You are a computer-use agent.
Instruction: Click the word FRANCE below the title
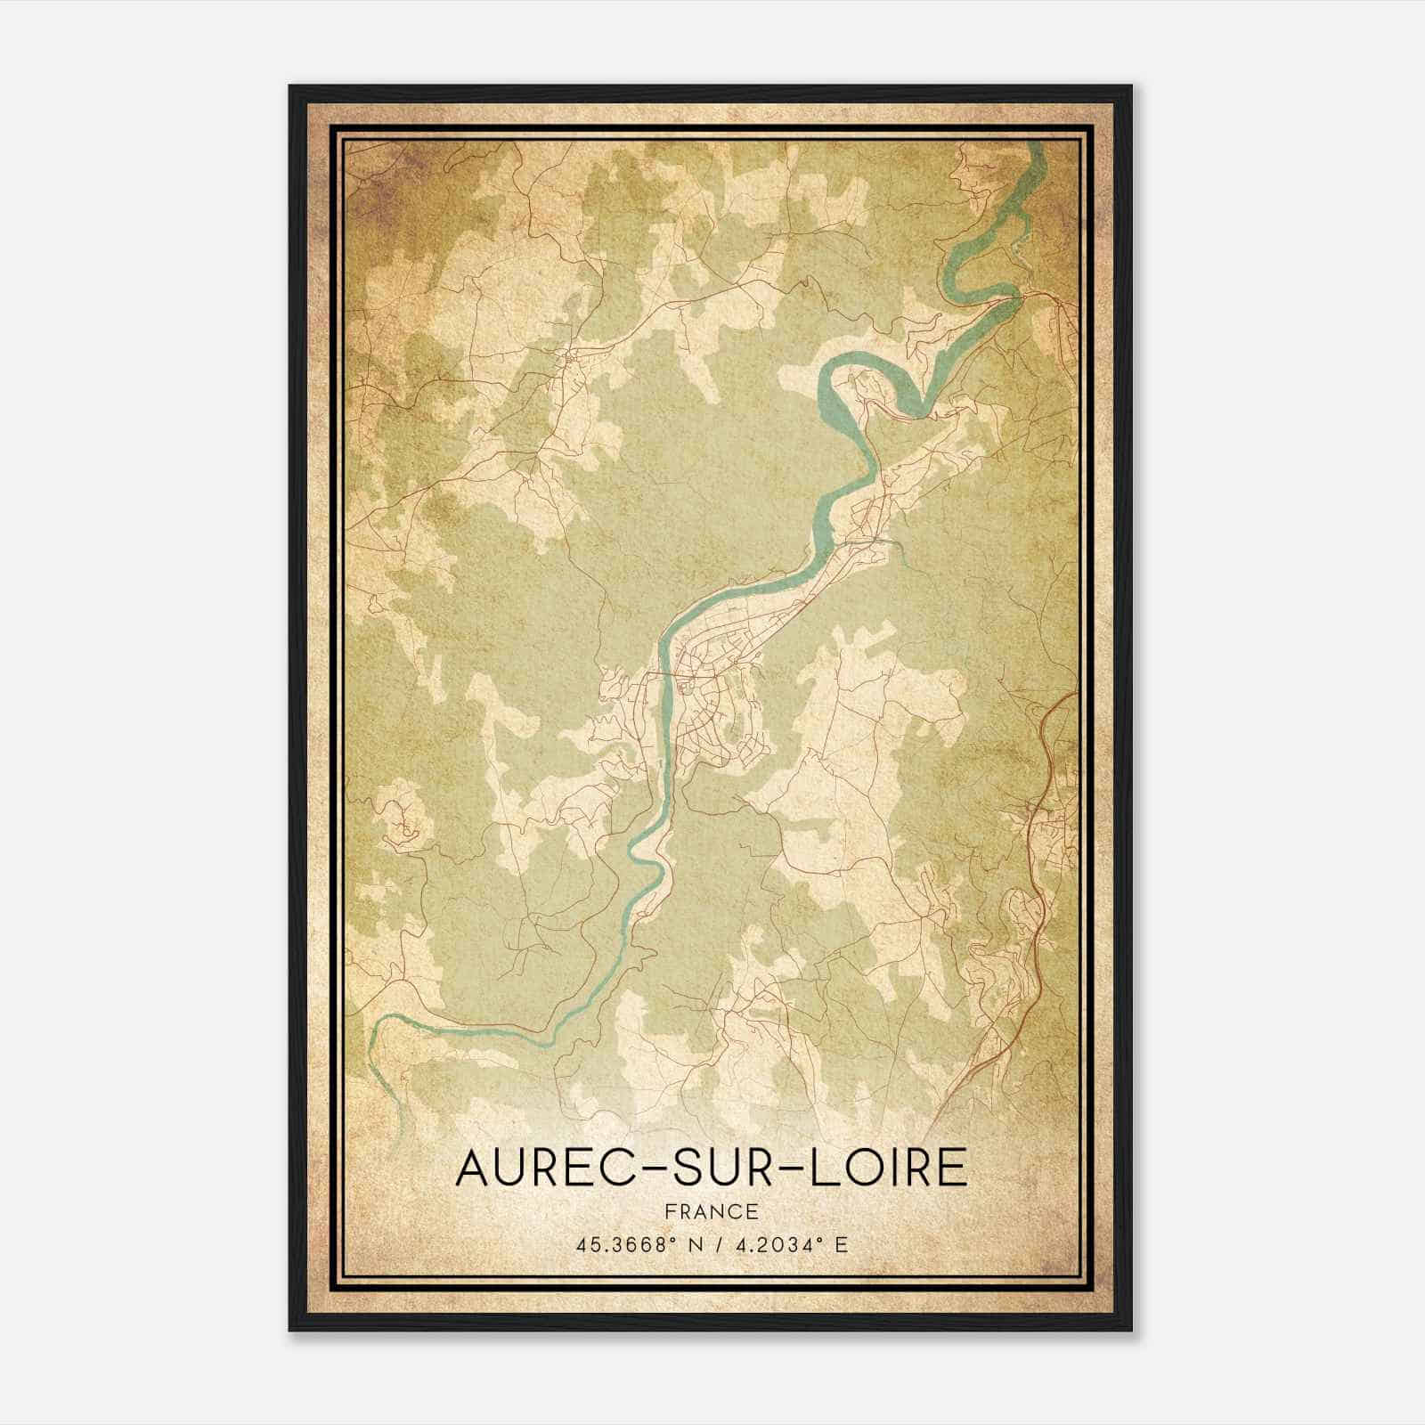[712, 1211]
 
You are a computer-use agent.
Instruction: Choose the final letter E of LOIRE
[953, 1168]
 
